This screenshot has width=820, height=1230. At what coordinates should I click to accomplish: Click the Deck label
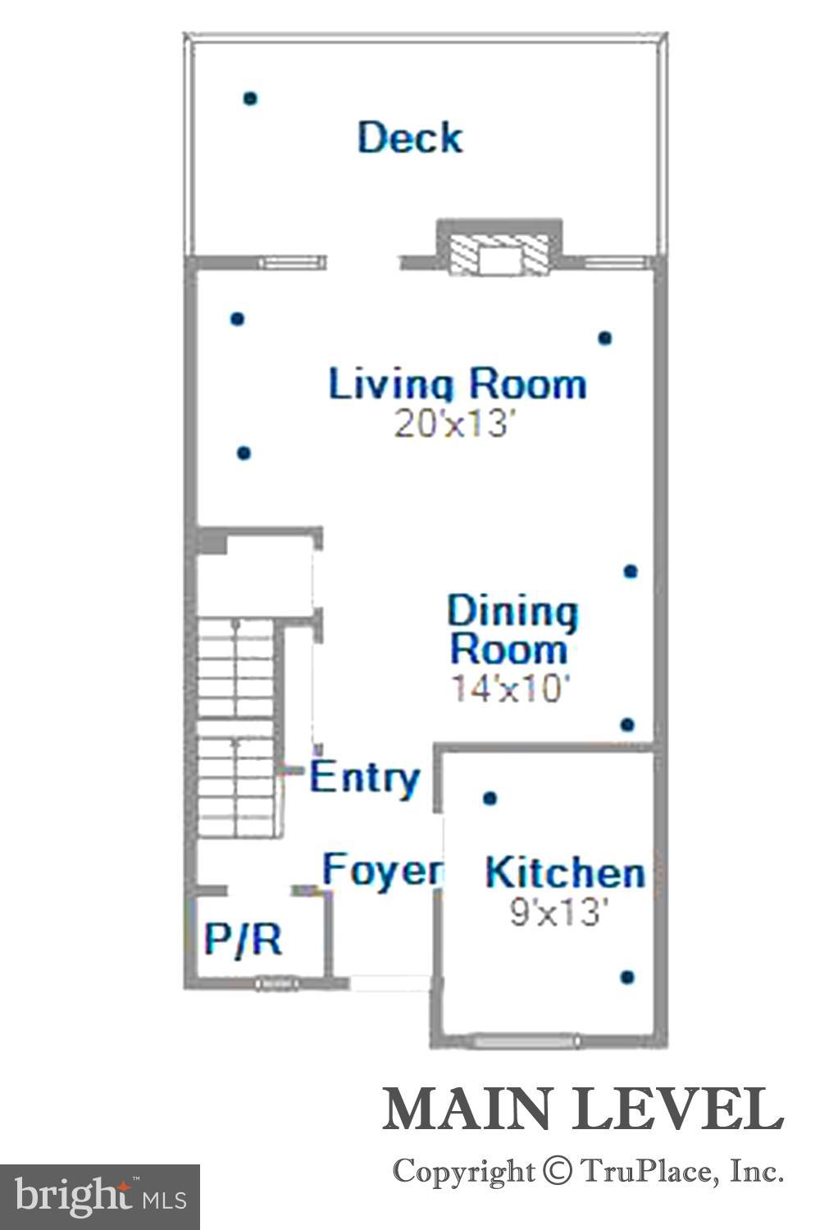(x=410, y=137)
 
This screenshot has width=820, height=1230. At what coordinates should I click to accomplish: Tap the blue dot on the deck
(x=250, y=98)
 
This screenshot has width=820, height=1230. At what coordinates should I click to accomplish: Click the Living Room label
(x=458, y=384)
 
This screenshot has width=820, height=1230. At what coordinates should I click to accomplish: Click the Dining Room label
(x=511, y=630)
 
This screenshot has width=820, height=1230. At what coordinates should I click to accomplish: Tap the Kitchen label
(x=564, y=872)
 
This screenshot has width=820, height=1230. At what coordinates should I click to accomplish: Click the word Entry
(x=366, y=777)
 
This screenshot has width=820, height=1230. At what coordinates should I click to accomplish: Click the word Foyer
(x=382, y=869)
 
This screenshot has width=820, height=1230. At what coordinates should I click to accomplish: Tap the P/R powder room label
(x=244, y=939)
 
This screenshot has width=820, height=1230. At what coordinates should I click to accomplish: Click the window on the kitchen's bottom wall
(x=527, y=1041)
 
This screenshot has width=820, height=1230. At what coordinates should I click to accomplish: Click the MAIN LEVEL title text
(x=582, y=1110)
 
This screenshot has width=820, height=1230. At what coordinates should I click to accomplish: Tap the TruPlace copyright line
(x=587, y=1171)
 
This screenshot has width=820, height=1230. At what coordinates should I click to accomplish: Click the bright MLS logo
(x=100, y=1197)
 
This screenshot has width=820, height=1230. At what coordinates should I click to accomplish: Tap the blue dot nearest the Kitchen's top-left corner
(x=490, y=798)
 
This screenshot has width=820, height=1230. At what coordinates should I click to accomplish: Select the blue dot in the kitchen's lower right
(x=627, y=977)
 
